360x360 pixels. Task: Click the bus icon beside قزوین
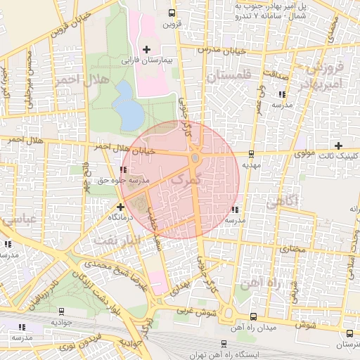tap(172, 13)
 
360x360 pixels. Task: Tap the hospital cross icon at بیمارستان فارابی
tap(146, 49)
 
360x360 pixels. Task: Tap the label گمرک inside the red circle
tap(186, 181)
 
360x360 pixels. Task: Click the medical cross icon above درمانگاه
tap(121, 207)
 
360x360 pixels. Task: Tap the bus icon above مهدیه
tap(251, 153)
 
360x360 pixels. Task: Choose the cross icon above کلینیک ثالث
tap(338, 145)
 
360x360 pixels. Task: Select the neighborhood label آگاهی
tap(282, 202)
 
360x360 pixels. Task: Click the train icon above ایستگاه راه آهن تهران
tap(224, 344)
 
